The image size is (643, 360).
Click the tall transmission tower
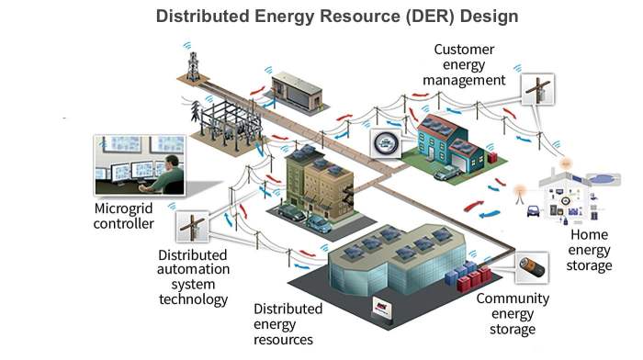tap(193, 64)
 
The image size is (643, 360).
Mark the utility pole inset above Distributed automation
tap(193, 226)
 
